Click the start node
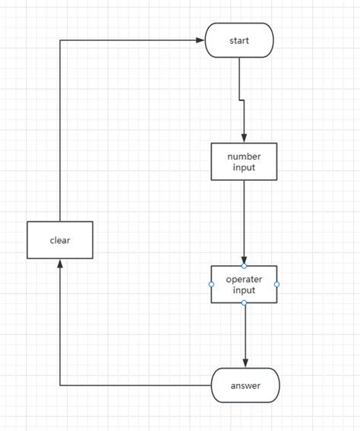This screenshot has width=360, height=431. pyautogui.click(x=239, y=40)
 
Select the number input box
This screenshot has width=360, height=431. pyautogui.click(x=244, y=161)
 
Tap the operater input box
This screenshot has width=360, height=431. pyautogui.click(x=244, y=284)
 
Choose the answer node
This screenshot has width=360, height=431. pyautogui.click(x=245, y=385)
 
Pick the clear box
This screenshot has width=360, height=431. pyautogui.click(x=60, y=240)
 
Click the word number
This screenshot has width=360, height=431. pyautogui.click(x=244, y=156)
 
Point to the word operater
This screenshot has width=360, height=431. pyautogui.click(x=244, y=279)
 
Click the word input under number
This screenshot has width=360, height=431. pyautogui.click(x=244, y=167)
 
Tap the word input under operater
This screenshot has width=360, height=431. pyautogui.click(x=244, y=290)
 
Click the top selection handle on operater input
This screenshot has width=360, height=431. pyautogui.click(x=244, y=266)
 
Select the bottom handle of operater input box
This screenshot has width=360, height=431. pyautogui.click(x=244, y=303)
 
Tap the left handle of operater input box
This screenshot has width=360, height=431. pyautogui.click(x=211, y=284)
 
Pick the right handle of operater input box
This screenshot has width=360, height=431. pyautogui.click(x=276, y=284)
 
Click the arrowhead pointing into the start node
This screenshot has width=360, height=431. pyautogui.click(x=201, y=40)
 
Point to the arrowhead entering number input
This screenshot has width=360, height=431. pyautogui.click(x=244, y=138)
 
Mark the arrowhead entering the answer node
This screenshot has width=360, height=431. pyautogui.click(x=245, y=363)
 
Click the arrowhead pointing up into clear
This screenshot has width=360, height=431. pyautogui.click(x=60, y=264)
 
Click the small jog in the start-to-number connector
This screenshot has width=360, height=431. pyautogui.click(x=242, y=100)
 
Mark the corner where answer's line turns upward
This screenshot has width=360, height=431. pyautogui.click(x=60, y=385)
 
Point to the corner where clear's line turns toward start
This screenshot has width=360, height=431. pyautogui.click(x=60, y=40)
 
